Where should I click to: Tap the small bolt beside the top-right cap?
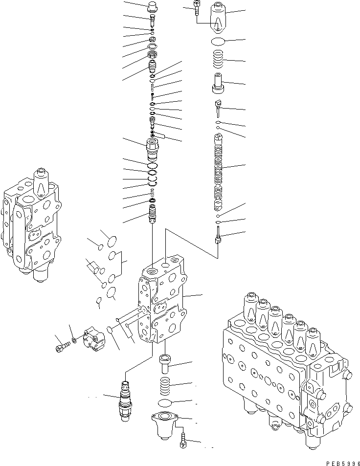click(x=196, y=8)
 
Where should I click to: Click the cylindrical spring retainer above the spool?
click(x=218, y=83)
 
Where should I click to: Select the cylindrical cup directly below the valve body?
click(x=165, y=364)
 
